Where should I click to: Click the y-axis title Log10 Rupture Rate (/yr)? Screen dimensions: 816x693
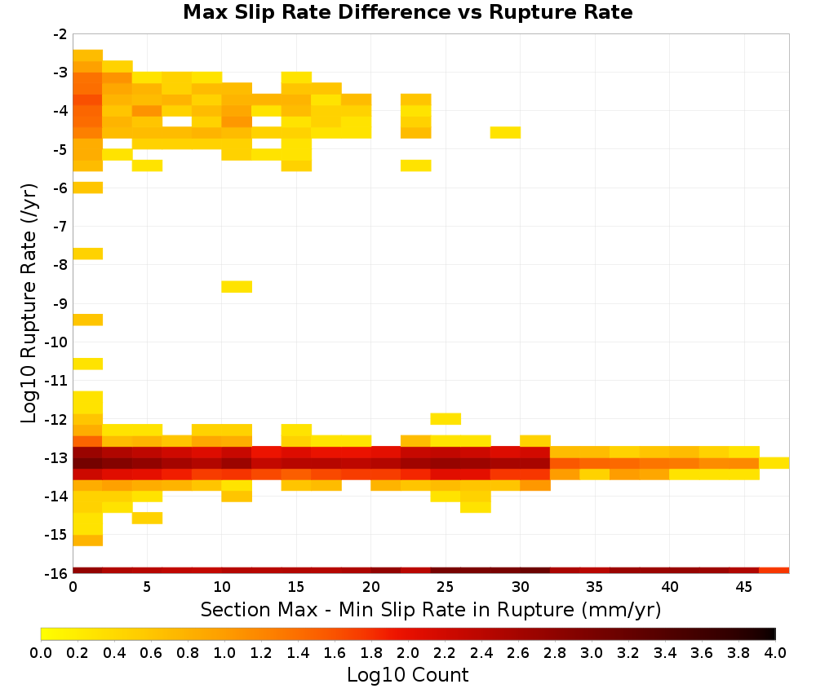pos(29,303)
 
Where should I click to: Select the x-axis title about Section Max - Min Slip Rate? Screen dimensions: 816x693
pos(431,609)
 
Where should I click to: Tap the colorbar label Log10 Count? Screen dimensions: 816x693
pos(408,675)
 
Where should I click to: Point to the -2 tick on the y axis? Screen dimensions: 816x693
pos(60,34)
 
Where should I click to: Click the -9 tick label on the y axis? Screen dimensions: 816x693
pos(60,303)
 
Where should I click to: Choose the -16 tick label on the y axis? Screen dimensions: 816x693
pos(57,573)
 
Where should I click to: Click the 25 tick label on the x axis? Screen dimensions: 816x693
pos(446,587)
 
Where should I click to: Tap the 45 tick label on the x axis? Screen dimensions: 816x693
pos(744,587)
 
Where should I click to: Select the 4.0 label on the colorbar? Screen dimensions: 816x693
pos(775,652)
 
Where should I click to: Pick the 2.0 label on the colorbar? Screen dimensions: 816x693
pos(408,652)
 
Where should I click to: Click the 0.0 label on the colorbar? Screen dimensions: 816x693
pos(41,652)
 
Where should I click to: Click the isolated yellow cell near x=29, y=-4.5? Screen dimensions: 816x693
pos(505,133)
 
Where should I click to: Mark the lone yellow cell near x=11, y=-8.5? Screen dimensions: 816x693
pos(237,286)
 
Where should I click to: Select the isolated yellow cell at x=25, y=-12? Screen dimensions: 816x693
pos(446,418)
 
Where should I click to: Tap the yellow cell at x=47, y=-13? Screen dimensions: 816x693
pos(774,463)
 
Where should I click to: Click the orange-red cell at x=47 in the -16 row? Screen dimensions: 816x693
pos(774,571)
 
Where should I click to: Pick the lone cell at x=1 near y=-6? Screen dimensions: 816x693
pos(88,188)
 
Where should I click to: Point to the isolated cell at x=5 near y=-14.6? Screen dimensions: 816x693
pos(147,518)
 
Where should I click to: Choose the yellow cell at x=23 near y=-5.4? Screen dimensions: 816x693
pos(416,166)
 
